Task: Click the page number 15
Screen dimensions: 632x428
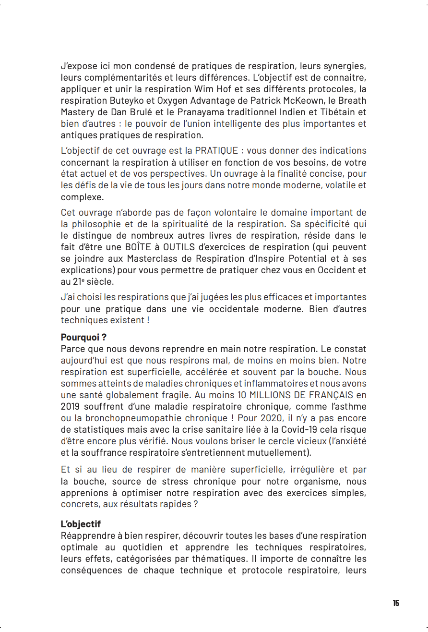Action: tap(396, 603)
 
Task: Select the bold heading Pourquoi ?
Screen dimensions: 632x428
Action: tap(83, 337)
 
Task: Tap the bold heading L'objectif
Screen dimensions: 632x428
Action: tap(81, 524)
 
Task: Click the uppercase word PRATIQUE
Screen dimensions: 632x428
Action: tap(216, 151)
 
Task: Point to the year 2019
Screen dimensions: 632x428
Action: tap(71, 406)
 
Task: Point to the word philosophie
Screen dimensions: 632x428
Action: tap(97, 224)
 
